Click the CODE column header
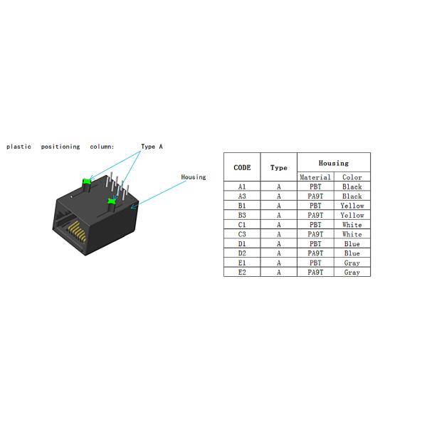coord(242,167)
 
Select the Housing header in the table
coord(334,163)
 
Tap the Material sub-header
coord(315,177)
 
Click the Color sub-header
coord(352,177)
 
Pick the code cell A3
coord(242,196)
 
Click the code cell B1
coord(242,206)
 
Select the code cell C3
coord(242,234)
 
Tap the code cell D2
coord(242,253)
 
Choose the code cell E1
coord(242,263)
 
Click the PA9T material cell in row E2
coord(315,273)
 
